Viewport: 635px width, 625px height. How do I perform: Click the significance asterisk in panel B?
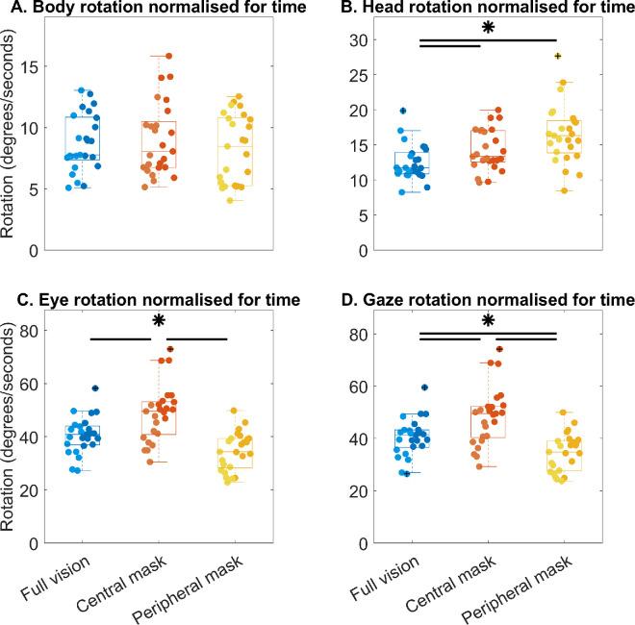coord(488,29)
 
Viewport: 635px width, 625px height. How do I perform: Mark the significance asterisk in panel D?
coord(488,321)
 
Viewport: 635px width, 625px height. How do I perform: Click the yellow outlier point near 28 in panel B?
coord(558,56)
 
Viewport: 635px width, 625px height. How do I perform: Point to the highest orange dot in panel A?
coord(169,57)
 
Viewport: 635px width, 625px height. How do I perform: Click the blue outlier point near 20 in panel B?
coord(404,111)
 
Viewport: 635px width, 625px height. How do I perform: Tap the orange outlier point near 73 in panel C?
coord(170,350)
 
